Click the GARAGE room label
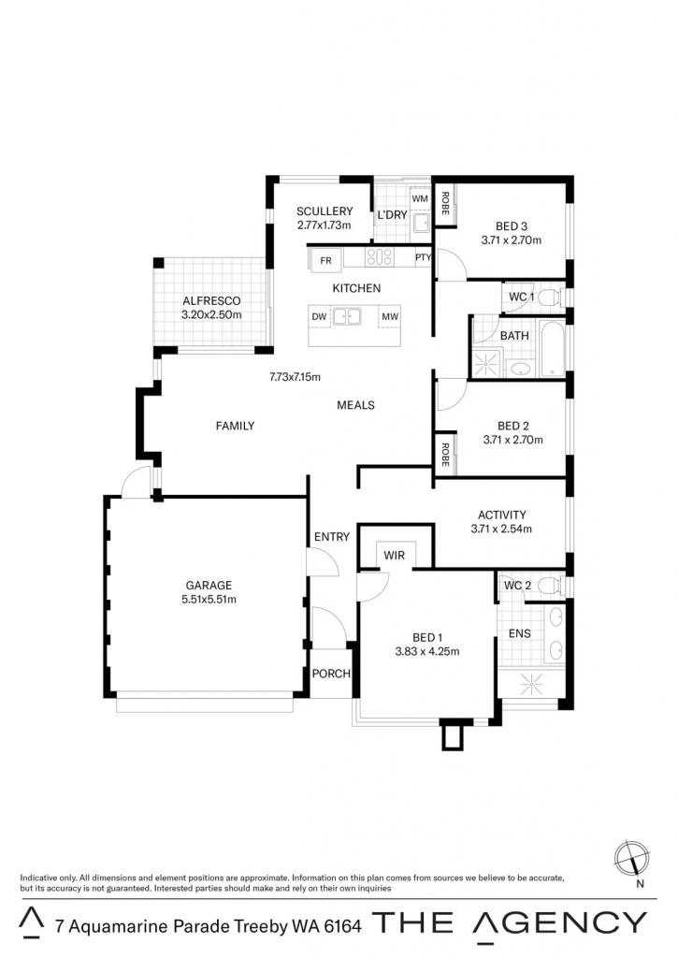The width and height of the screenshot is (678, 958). (209, 586)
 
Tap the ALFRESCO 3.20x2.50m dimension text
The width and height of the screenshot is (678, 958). (211, 315)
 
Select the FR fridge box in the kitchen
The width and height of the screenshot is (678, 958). (325, 260)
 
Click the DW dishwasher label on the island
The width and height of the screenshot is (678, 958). (320, 316)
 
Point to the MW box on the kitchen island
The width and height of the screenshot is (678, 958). (390, 316)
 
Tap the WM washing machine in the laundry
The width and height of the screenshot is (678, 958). (420, 199)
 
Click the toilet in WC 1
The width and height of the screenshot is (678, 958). (550, 297)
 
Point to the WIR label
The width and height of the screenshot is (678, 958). (394, 556)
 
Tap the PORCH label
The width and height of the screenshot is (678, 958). (331, 674)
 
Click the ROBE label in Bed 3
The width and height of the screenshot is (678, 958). (444, 203)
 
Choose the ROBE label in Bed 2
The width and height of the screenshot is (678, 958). (444, 455)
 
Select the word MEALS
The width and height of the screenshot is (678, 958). (355, 405)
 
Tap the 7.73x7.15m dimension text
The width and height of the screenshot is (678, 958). (295, 377)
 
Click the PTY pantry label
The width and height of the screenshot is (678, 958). (423, 258)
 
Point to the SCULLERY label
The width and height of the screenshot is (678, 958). (325, 211)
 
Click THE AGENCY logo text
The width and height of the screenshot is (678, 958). (510, 922)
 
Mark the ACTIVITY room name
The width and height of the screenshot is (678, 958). (501, 515)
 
